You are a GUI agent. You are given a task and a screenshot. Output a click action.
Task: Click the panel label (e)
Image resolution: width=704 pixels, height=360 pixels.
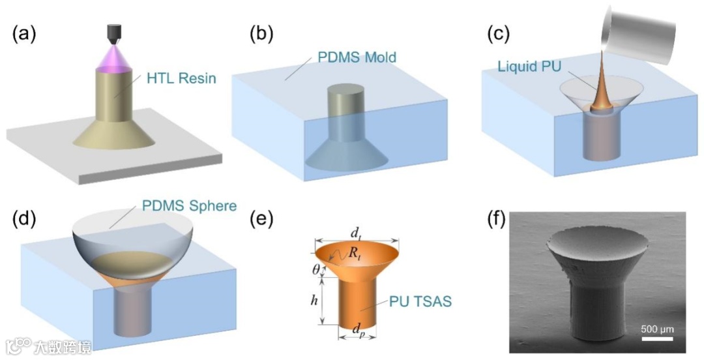(x=259, y=220)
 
